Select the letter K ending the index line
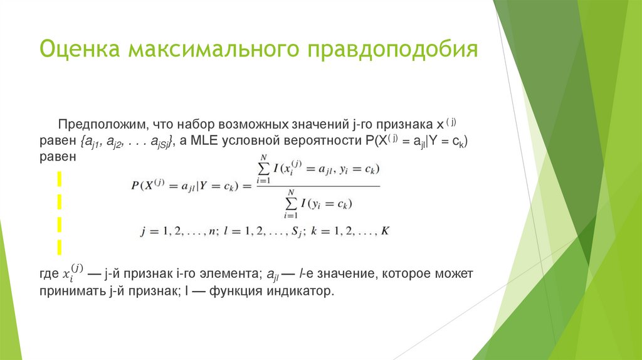(x=386, y=231)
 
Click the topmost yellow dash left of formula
(x=61, y=181)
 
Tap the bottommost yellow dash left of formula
(x=61, y=244)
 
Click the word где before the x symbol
(x=48, y=275)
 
